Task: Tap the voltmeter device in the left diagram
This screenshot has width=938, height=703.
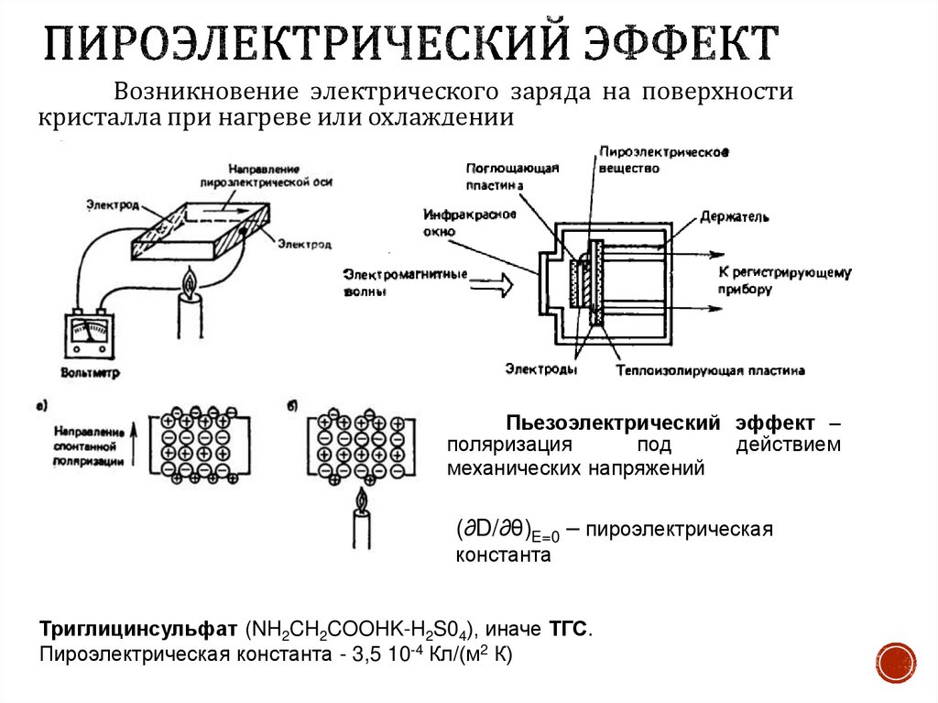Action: tap(89, 337)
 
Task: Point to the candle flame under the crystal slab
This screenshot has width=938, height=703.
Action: tap(191, 284)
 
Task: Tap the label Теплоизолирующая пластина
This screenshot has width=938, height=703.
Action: tap(710, 371)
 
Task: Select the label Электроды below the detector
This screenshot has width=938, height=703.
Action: tap(540, 369)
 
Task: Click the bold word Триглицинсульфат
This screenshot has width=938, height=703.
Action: tap(138, 631)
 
